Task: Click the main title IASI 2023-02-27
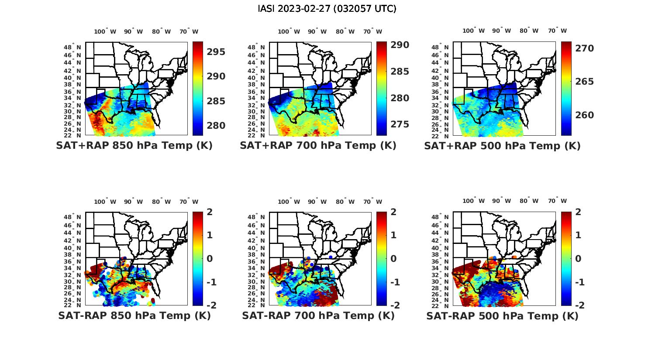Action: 327,9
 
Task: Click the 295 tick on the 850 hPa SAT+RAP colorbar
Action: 216,52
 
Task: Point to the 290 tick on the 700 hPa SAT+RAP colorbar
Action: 400,45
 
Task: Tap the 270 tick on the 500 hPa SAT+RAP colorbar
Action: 585,48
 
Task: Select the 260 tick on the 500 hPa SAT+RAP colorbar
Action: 585,115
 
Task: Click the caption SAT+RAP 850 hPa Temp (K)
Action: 134,146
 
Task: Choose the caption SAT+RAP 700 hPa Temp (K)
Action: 318,146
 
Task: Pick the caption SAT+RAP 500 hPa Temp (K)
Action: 502,146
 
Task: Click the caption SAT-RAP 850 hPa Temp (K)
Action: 134,315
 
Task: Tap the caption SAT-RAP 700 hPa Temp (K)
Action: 318,315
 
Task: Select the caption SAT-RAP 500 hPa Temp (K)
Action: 502,316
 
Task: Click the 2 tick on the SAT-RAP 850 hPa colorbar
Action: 210,212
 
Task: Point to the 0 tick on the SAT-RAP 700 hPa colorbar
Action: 393,259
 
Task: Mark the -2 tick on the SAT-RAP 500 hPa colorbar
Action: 576,305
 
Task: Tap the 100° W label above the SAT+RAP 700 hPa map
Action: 289,31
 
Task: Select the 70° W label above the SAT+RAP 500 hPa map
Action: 557,31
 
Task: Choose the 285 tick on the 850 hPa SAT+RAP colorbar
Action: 216,101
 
